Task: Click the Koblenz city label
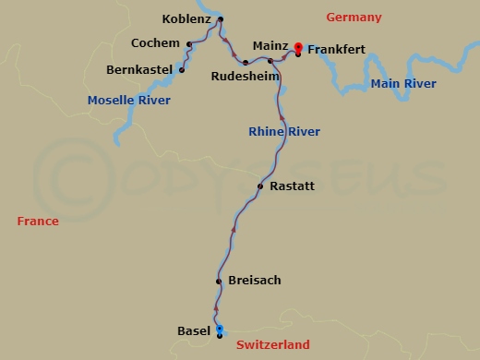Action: pyautogui.click(x=188, y=18)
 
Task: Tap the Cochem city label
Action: pyautogui.click(x=155, y=42)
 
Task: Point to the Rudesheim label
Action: pyautogui.click(x=245, y=77)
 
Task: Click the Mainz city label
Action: pyautogui.click(x=271, y=45)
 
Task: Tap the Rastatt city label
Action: pyautogui.click(x=293, y=186)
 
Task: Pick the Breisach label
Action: pyautogui.click(x=253, y=280)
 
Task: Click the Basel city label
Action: pyautogui.click(x=194, y=330)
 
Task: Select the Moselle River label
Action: pyautogui.click(x=129, y=100)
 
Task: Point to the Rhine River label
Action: pyautogui.click(x=284, y=132)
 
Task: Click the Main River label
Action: pyautogui.click(x=402, y=84)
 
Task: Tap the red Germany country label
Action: pyautogui.click(x=354, y=18)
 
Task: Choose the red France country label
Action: pyautogui.click(x=38, y=221)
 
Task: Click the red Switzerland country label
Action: pyautogui.click(x=272, y=344)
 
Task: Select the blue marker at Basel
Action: pyautogui.click(x=220, y=330)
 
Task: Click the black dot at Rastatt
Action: pyautogui.click(x=260, y=186)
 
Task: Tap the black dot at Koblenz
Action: pyautogui.click(x=221, y=19)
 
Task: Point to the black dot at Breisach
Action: pyautogui.click(x=219, y=281)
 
